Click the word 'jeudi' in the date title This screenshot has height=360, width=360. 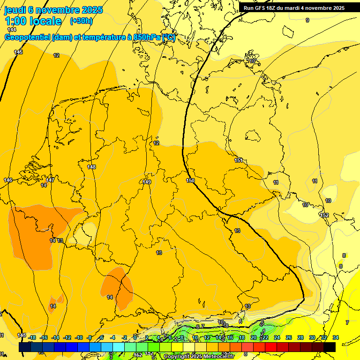coord(15,9)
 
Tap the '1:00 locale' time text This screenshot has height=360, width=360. coord(33,21)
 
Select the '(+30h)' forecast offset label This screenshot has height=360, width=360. coord(81,21)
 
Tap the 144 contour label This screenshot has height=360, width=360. coord(12,30)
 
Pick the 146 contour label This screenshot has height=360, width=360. coord(8,180)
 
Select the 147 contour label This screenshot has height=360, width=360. coord(50,180)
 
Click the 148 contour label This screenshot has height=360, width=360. coord(91,167)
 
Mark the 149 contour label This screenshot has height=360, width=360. coord(147,182)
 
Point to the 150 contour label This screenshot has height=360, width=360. coord(190,180)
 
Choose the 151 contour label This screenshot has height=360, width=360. coord(239,161)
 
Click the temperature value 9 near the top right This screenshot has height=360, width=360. coord(307,20)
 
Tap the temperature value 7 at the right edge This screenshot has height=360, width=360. coord(347,322)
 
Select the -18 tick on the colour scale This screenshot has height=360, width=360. coord(32,337)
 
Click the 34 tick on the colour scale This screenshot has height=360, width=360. coord(335,337)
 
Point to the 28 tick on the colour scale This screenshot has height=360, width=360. coord(300,337)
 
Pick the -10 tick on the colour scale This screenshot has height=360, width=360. coord(79,337)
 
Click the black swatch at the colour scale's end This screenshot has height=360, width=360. coord(330,347)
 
